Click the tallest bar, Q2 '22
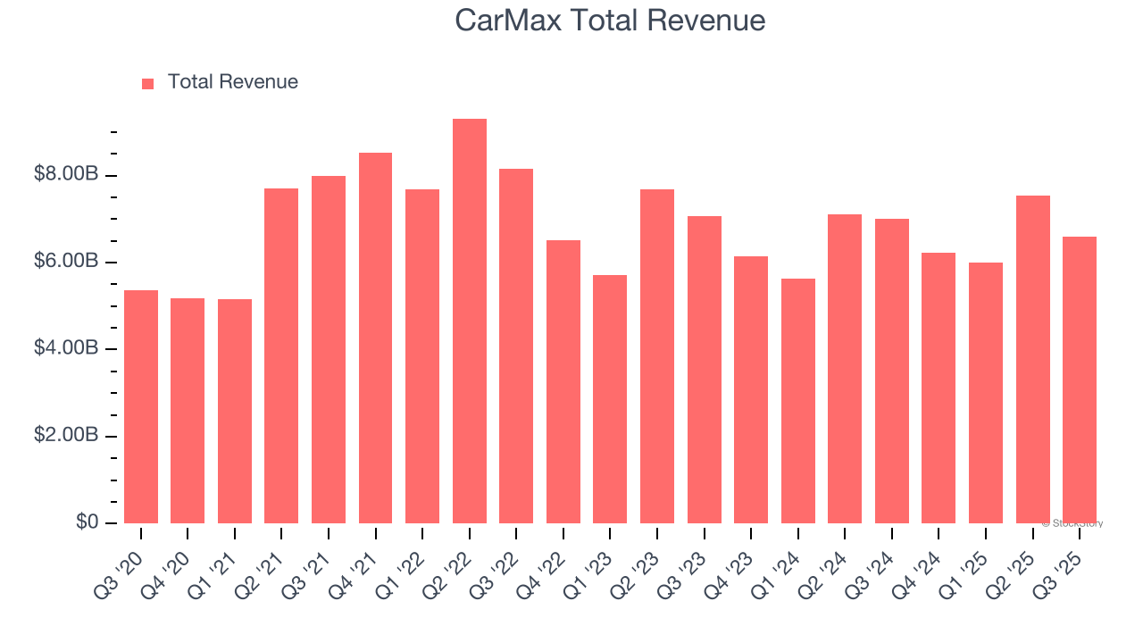point(470,321)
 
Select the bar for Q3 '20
point(141,406)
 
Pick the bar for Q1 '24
point(797,401)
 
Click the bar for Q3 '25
point(1080,380)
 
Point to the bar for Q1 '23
point(610,399)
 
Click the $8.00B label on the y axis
point(66,174)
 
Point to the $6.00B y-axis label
point(66,262)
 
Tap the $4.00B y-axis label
point(66,348)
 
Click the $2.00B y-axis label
point(66,436)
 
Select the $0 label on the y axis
point(87,522)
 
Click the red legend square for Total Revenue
point(148,83)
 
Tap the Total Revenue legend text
point(232,82)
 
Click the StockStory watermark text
point(1072,523)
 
